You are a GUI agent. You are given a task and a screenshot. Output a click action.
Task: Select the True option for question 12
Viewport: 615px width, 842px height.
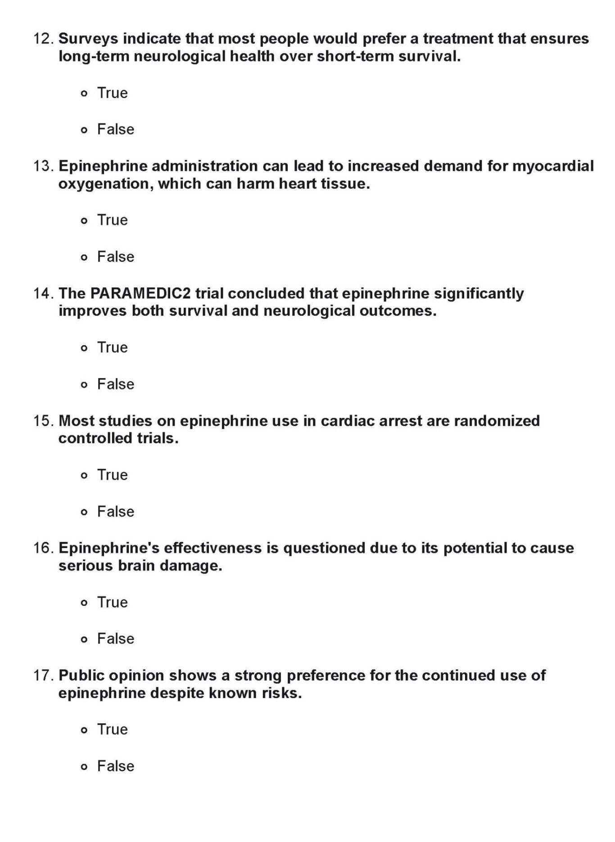(x=84, y=94)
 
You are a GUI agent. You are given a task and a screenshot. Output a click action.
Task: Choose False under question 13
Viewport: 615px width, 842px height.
(x=84, y=257)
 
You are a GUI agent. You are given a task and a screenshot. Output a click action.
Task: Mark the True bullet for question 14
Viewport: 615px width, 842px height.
(x=84, y=348)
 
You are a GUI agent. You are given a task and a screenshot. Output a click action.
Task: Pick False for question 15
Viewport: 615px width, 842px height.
(x=84, y=512)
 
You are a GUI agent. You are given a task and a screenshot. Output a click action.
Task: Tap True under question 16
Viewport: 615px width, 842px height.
(x=84, y=603)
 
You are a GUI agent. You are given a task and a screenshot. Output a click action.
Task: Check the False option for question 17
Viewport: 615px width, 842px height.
(x=84, y=767)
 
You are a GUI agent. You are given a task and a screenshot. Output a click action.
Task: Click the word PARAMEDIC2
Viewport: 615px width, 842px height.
(x=140, y=293)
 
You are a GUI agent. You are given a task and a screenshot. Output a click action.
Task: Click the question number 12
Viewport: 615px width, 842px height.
(x=44, y=39)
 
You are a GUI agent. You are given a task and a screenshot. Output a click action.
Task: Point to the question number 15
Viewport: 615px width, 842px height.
(x=44, y=421)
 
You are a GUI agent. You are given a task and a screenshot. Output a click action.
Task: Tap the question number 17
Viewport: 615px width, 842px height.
(x=44, y=675)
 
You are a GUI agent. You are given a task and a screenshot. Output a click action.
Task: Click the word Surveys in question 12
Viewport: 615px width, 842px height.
(x=88, y=39)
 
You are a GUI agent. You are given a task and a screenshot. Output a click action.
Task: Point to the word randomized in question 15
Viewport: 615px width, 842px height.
(x=497, y=421)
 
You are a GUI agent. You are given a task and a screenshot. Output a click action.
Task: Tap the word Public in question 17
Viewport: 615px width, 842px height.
(x=81, y=675)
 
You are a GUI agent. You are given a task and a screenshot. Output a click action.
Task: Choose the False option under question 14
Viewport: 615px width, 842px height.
(x=84, y=385)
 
